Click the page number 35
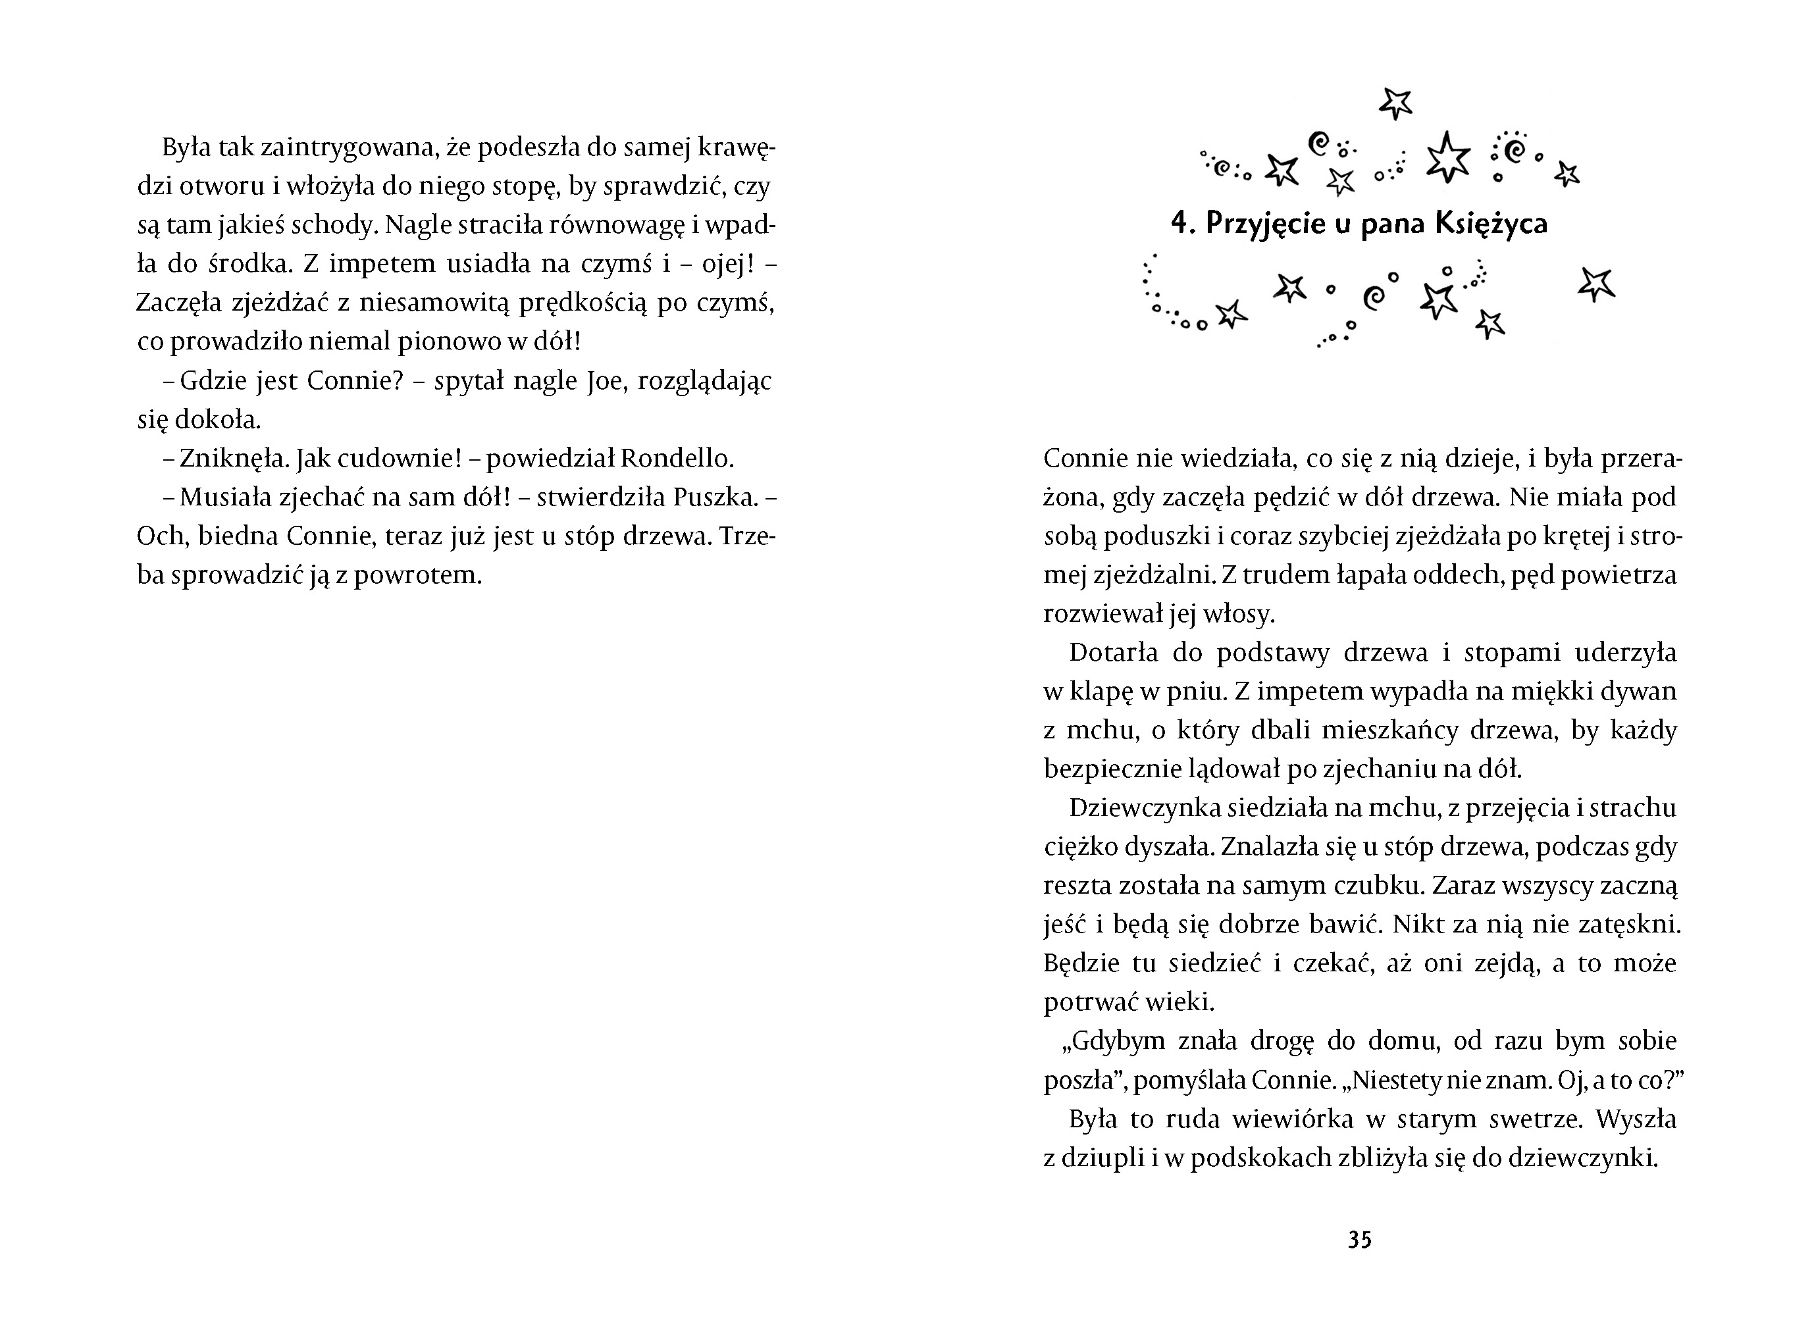pos(1360,1240)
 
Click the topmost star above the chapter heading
pos(1396,103)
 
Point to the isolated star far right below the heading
pos(1596,284)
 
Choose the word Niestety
pos(1395,1081)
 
